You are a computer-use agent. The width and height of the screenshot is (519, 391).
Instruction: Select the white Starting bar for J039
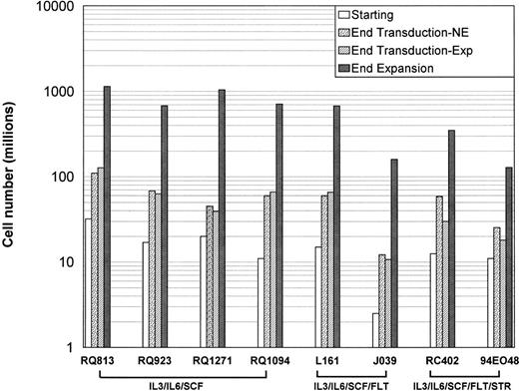point(373,330)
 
